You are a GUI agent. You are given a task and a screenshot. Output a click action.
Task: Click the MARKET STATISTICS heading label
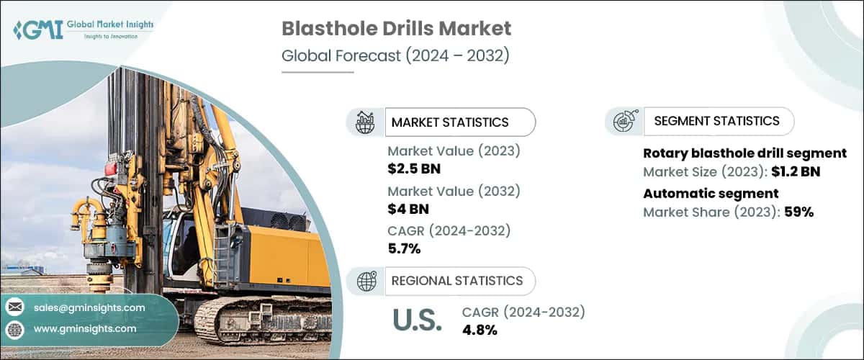click(449, 122)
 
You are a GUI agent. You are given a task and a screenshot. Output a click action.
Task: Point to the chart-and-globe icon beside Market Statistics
click(365, 122)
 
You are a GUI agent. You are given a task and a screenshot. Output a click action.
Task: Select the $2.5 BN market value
click(414, 169)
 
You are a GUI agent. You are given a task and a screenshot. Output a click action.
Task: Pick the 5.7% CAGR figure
click(404, 249)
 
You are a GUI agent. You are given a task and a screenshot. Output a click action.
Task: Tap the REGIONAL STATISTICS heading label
click(456, 281)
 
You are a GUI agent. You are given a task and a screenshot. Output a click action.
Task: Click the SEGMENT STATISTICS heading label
click(716, 121)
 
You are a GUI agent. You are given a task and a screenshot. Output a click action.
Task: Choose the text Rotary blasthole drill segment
click(744, 153)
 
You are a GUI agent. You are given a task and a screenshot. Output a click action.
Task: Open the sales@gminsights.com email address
click(89, 307)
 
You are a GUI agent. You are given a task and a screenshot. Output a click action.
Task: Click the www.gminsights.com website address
click(84, 328)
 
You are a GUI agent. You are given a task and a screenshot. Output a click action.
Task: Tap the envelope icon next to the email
click(14, 307)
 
